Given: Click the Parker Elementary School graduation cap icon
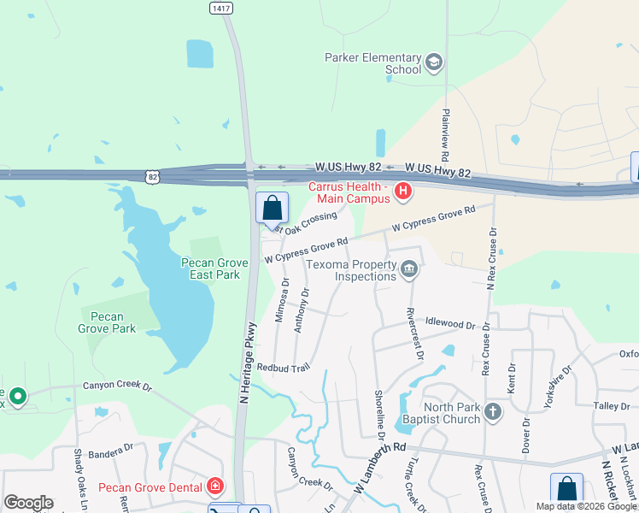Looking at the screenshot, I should (x=434, y=62).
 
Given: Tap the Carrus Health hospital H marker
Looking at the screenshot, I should (x=403, y=192).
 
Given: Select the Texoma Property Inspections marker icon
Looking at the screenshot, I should (x=409, y=270).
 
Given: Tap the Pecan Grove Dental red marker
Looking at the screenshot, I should (x=215, y=487).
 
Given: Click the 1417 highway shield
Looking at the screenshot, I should (x=220, y=7).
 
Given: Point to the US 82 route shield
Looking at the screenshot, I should (x=152, y=177).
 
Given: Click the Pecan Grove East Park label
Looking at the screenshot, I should (x=215, y=268).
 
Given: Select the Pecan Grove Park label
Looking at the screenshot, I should (x=107, y=322).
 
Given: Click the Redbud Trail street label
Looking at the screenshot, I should (x=283, y=367).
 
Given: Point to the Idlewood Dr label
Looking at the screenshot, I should (x=449, y=325).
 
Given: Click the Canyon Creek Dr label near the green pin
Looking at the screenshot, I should (x=117, y=386).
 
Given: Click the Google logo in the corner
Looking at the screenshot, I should (x=28, y=503).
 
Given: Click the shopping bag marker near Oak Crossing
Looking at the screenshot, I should (x=273, y=208).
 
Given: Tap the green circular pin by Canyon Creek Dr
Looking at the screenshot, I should (x=17, y=396).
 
